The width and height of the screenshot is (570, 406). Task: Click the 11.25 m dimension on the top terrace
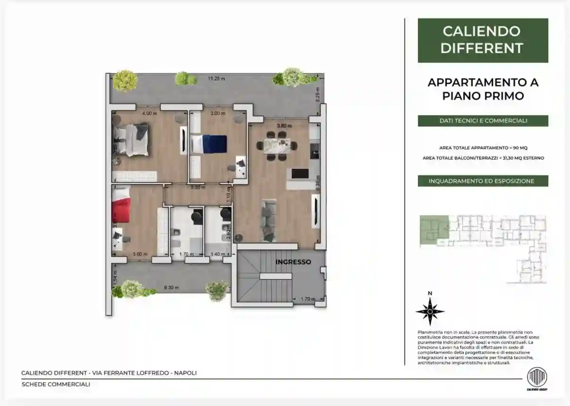217,78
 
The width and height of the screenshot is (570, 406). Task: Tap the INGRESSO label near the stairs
293,261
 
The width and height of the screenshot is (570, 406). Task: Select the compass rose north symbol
430,311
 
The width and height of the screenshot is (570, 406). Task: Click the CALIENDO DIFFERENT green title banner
483,40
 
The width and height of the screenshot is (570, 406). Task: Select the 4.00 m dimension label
149,113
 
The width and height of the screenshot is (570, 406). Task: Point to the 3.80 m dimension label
281,126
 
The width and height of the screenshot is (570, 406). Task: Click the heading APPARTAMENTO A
483,82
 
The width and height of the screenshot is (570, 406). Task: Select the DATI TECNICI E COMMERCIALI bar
483,121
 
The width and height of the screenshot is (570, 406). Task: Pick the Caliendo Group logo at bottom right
536,378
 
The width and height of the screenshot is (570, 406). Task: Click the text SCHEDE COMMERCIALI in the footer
56,384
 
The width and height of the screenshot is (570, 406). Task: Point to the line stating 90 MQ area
483,148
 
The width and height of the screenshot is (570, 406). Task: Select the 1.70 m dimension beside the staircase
307,299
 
